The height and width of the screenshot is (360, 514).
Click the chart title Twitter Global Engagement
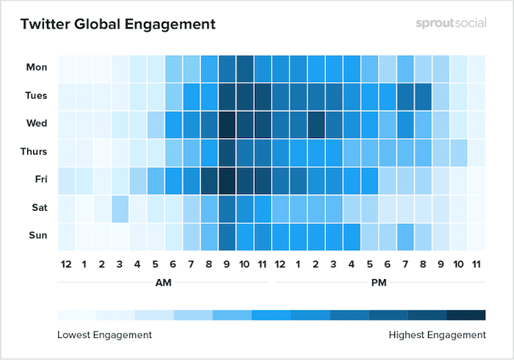point(117,24)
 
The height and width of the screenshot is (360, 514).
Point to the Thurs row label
point(34,151)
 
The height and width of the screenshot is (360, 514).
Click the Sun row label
point(37,235)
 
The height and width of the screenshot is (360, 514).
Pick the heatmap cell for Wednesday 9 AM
point(226,123)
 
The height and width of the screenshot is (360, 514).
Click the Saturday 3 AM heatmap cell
point(120,208)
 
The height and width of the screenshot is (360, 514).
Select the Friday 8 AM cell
point(209,180)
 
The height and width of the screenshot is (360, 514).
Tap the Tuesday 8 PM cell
point(422,96)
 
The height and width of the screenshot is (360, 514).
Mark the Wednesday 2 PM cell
point(316,123)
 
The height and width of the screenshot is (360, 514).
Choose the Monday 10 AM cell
point(245,68)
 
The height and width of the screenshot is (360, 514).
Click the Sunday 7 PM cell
point(405,236)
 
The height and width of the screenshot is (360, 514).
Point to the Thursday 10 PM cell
point(458,152)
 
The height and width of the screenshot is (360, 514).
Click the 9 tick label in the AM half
point(226,264)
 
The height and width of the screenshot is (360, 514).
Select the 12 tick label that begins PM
point(280,264)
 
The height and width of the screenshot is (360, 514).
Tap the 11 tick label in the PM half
point(476,264)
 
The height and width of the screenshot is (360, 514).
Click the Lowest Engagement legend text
point(104,335)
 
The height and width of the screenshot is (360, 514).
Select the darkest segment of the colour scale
point(466,315)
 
